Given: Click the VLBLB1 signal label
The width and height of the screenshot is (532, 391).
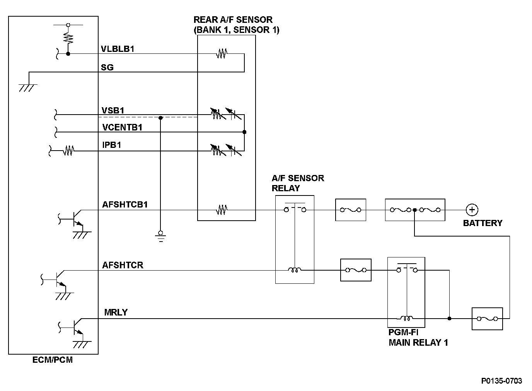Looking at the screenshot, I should [117, 49].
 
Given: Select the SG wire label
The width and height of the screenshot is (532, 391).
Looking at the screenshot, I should [107, 67].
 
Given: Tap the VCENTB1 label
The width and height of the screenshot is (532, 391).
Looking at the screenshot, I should [122, 127].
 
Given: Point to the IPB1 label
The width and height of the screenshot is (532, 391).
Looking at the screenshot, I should [112, 145].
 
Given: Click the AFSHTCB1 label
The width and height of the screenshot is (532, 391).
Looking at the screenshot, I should [125, 204].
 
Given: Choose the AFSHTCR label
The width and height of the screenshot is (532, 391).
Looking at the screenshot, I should [123, 265].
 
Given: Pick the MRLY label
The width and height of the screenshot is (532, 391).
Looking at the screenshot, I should [116, 312].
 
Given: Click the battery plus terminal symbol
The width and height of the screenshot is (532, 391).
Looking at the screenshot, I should [472, 210].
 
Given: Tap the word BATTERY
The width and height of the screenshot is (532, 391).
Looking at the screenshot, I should [483, 223].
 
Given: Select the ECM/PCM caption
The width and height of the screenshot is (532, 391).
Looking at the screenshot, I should [53, 360].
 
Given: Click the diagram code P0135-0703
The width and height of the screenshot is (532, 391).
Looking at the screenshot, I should [501, 381].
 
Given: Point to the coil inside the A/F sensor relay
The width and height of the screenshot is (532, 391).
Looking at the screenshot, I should [295, 270].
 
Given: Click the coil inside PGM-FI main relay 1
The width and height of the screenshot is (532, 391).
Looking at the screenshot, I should [406, 318].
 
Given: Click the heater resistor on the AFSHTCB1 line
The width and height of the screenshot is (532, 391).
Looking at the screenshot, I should [222, 210].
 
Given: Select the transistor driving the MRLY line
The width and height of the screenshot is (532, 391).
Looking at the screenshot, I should [76, 326].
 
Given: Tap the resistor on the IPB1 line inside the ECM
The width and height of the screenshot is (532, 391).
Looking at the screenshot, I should [69, 151].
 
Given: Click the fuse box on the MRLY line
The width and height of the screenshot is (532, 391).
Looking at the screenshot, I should [487, 319].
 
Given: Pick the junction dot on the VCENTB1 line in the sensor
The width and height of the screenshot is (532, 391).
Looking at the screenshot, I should [244, 132].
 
